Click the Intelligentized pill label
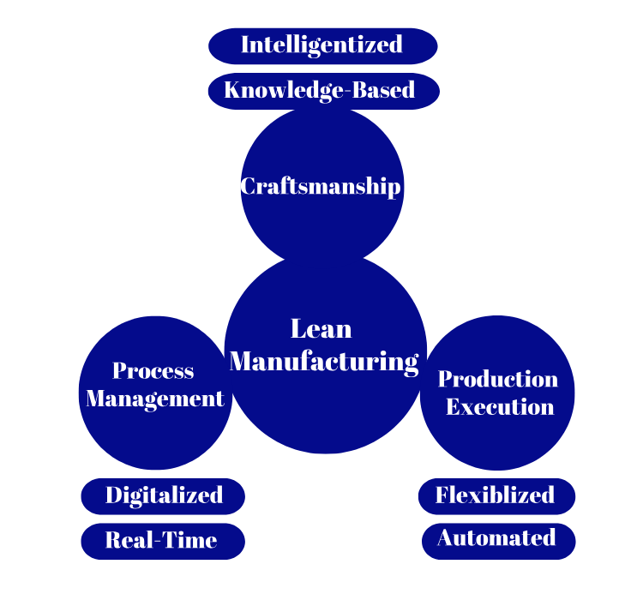coord(322,45)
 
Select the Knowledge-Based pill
coord(323,91)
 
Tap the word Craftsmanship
coord(321,186)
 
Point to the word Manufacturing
coord(324,361)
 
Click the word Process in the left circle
coord(153,371)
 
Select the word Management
coord(155,399)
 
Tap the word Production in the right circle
coord(498,379)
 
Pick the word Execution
coord(500,406)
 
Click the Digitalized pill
coord(163,495)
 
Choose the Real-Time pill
coord(162,541)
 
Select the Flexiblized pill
coord(496,495)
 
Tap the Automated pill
coord(497,538)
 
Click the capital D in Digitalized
coord(113,495)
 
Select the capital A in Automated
coord(445,538)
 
